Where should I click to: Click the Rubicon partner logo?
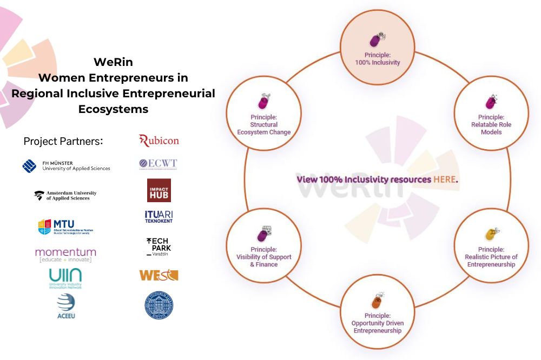(159, 141)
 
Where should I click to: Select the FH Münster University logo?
(67, 165)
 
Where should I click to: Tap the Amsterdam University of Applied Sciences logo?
(65, 195)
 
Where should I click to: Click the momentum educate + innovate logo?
(65, 254)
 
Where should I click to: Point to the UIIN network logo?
(65, 278)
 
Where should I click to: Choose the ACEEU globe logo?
(65, 306)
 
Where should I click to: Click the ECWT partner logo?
(158, 164)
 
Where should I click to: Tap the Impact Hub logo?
(159, 190)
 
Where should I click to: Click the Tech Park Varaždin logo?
(158, 246)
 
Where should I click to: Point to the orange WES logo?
(159, 275)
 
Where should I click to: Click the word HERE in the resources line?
(445, 179)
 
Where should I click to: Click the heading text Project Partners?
(63, 142)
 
